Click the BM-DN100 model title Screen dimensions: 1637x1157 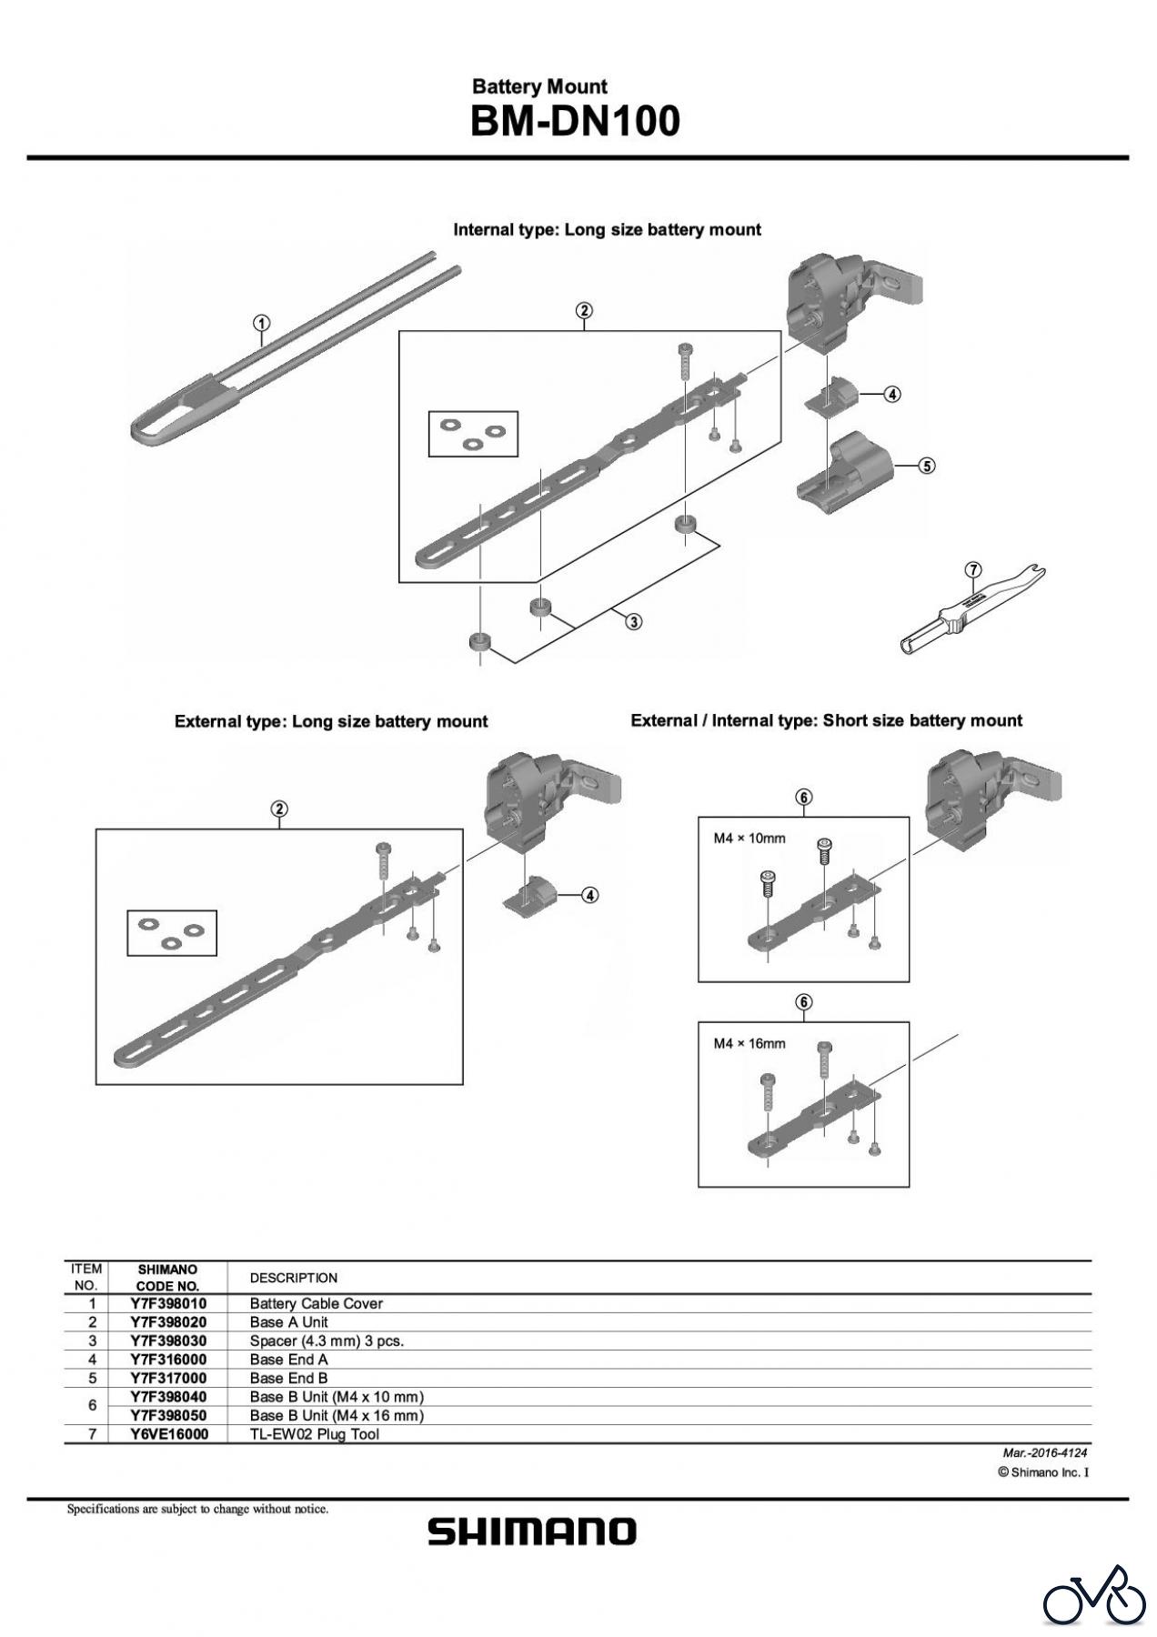[x=575, y=121]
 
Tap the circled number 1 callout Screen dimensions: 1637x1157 [x=261, y=323]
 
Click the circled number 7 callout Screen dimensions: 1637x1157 [x=973, y=570]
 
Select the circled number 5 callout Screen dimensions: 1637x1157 [x=925, y=466]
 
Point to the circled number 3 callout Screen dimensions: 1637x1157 [x=633, y=622]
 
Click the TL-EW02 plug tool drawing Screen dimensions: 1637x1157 [x=970, y=614]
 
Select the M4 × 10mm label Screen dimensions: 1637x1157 [x=749, y=838]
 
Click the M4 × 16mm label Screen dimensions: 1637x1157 [x=749, y=1043]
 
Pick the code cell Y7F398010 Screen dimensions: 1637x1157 [x=168, y=1303]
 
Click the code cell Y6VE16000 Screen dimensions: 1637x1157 [x=168, y=1434]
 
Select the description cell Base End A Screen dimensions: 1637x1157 [x=288, y=1360]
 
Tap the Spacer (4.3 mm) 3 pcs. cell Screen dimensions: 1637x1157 [x=327, y=1341]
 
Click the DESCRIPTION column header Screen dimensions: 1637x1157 [x=293, y=1278]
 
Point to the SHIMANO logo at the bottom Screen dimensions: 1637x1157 [x=532, y=1532]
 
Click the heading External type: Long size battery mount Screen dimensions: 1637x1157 [x=331, y=721]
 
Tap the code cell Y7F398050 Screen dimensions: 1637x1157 [x=168, y=1415]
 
